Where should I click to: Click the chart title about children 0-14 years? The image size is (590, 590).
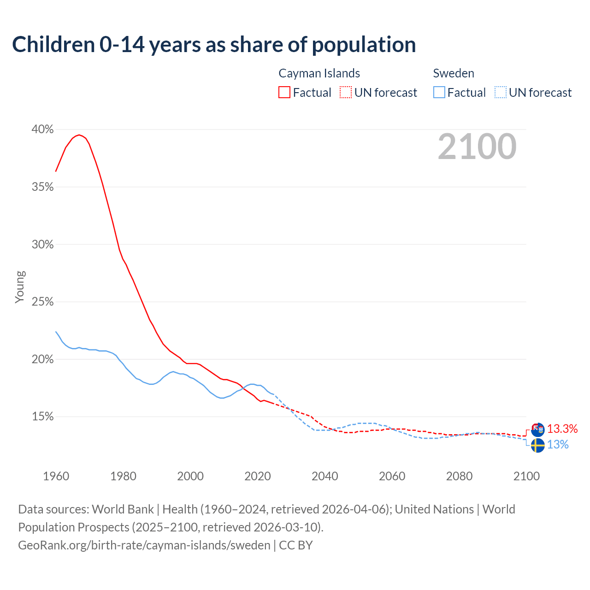214,45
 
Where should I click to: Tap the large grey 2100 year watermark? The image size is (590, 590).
477,147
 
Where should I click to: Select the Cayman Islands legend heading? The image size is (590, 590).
319,73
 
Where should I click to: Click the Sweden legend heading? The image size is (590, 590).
454,73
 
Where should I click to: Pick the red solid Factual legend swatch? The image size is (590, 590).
284,93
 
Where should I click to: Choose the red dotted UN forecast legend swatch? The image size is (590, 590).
346,93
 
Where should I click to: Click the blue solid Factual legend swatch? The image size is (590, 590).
439,93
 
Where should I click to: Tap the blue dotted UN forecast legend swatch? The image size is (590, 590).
500,93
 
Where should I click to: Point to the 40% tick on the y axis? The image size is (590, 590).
42,130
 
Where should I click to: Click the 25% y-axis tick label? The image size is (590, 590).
42,302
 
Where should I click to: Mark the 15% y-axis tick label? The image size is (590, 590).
42,417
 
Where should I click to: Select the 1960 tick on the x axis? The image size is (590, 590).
56,476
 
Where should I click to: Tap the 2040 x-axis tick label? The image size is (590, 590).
325,476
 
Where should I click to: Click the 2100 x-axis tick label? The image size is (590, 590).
526,476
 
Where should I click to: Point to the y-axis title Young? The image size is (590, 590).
20,287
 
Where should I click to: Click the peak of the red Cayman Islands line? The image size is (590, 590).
79,135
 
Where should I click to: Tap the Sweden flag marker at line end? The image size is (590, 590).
537,445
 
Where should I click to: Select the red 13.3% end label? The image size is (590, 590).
562,429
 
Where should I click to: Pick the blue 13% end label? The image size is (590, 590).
558,445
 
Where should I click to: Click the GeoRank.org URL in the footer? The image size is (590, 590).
144,545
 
